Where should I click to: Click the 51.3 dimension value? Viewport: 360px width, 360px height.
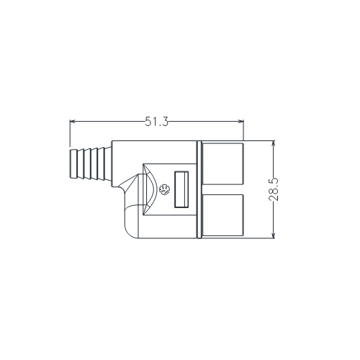[156, 122]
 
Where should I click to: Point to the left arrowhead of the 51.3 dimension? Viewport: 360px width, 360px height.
[72, 122]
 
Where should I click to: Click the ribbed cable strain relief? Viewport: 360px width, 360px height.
[86, 164]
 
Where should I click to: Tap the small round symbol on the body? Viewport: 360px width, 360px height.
[165, 190]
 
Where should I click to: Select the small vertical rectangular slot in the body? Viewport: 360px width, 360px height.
[180, 189]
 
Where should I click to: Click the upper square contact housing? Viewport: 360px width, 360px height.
[223, 163]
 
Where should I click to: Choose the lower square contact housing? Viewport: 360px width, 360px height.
[223, 216]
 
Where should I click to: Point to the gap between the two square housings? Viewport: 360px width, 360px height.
[223, 189]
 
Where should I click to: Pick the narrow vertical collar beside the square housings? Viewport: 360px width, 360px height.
[199, 189]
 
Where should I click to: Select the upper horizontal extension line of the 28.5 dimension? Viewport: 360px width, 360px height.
[259, 141]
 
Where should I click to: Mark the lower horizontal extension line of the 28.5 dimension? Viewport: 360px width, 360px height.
[259, 238]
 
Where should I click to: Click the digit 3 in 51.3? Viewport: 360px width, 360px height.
[166, 122]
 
